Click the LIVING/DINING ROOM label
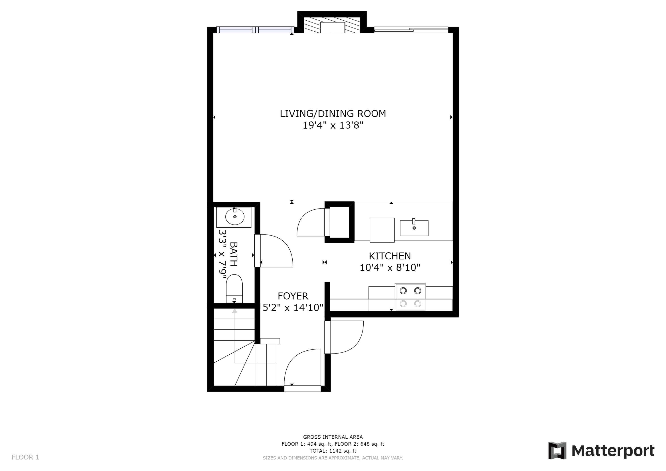(333, 114)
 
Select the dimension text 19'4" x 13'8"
(333, 126)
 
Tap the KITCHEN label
(390, 256)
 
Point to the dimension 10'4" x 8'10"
(390, 268)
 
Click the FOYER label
(293, 296)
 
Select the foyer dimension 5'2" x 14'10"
(293, 308)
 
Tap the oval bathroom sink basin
(235, 217)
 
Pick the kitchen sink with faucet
(414, 228)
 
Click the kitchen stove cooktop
(410, 297)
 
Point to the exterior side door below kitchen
(347, 337)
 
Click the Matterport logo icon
(557, 451)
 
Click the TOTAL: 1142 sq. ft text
(333, 451)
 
